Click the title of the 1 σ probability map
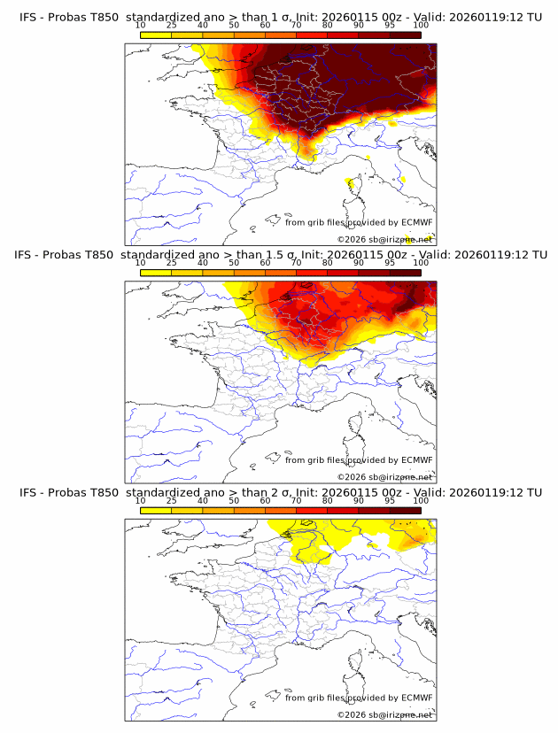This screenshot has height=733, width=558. pyautogui.click(x=280, y=17)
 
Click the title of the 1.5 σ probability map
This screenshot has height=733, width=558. pyautogui.click(x=280, y=255)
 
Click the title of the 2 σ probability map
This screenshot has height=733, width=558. pyautogui.click(x=280, y=492)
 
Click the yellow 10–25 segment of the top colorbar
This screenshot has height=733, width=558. pyautogui.click(x=156, y=35)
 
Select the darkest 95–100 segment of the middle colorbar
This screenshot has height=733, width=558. pyautogui.click(x=405, y=273)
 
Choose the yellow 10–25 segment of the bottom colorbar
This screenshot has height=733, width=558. pyautogui.click(x=156, y=510)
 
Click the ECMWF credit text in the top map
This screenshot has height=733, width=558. pyautogui.click(x=358, y=222)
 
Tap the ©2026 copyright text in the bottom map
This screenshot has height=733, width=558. pyautogui.click(x=384, y=714)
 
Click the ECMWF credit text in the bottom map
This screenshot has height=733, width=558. pyautogui.click(x=358, y=698)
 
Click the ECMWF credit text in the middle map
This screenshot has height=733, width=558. pyautogui.click(x=358, y=460)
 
